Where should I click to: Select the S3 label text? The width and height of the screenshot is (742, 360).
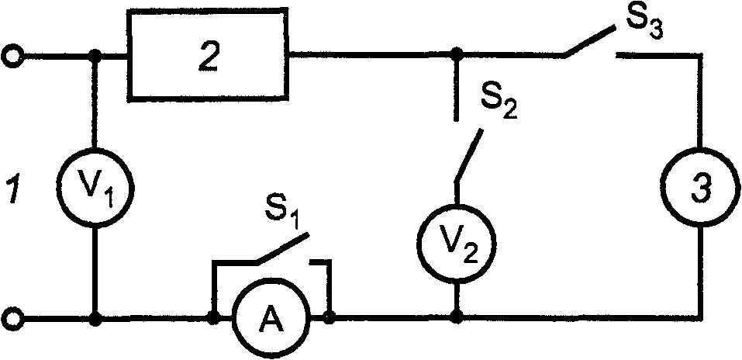645,25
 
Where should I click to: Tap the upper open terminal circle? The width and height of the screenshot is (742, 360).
11,57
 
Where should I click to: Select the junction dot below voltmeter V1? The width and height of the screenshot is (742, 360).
95,319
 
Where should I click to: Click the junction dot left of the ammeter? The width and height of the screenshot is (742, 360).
214,318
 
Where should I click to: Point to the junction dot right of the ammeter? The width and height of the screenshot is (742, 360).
330,318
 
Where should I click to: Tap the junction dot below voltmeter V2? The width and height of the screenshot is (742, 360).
456,318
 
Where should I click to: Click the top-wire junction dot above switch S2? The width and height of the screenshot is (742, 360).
456,55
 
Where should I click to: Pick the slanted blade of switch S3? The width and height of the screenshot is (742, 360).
590,42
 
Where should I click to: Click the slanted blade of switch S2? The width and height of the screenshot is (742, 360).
469,154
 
